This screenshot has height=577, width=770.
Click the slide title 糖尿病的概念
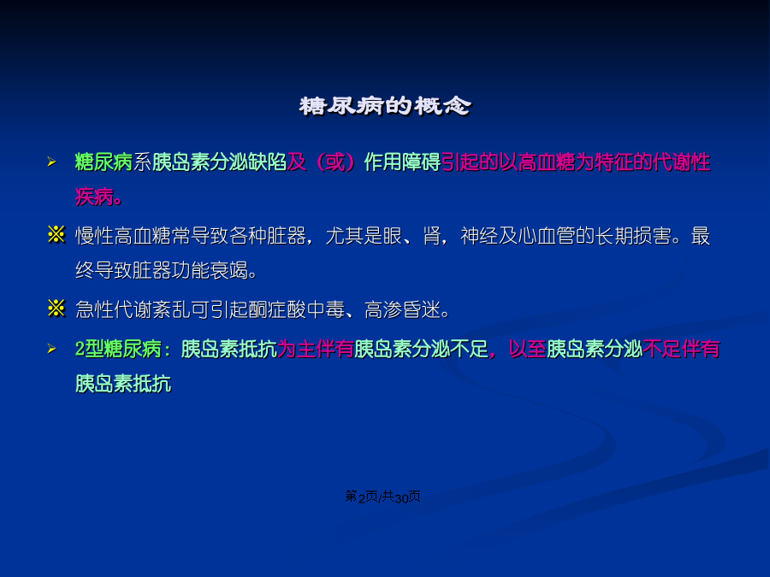pyautogui.click(x=385, y=106)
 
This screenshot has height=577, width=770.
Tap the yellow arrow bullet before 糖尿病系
pyautogui.click(x=51, y=162)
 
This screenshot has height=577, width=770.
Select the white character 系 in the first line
pyautogui.click(x=142, y=162)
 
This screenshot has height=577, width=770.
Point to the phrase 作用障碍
pyautogui.click(x=402, y=162)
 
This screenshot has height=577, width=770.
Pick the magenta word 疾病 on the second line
pyautogui.click(x=95, y=197)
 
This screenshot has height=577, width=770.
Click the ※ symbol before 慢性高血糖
pyautogui.click(x=56, y=234)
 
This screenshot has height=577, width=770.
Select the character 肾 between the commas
pyautogui.click(x=432, y=236)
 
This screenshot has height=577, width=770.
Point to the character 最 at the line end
pyautogui.click(x=701, y=236)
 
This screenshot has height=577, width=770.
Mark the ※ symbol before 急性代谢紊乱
pyautogui.click(x=56, y=309)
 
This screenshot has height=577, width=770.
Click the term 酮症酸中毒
pyautogui.click(x=297, y=310)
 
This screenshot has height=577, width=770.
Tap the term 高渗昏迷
pyautogui.click(x=403, y=310)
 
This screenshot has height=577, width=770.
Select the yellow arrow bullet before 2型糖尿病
pyautogui.click(x=51, y=349)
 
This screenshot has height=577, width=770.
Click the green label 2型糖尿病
pyautogui.click(x=118, y=350)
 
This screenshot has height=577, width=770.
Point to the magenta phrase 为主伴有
pyautogui.click(x=316, y=350)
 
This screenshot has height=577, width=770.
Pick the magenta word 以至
pyautogui.click(x=527, y=350)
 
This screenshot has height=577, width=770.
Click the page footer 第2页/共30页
pyautogui.click(x=383, y=497)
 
